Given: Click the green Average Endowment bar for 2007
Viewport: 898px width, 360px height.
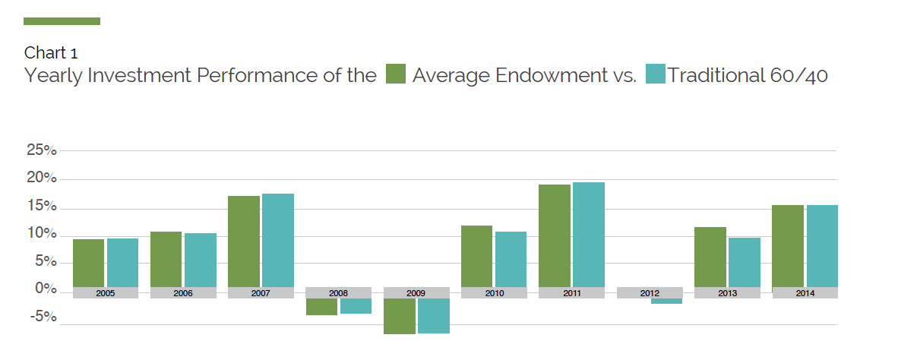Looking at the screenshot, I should (x=244, y=242).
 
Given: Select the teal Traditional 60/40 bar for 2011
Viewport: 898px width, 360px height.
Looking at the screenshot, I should (x=589, y=235).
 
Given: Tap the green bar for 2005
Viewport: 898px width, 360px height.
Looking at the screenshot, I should (x=88, y=263).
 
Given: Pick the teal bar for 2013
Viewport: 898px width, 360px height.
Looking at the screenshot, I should (x=745, y=262).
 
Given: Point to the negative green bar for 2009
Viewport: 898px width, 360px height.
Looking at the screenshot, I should (x=399, y=316).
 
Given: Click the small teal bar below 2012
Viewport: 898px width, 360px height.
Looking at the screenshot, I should (x=666, y=301).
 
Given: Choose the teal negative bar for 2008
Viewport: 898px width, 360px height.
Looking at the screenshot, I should (x=356, y=306).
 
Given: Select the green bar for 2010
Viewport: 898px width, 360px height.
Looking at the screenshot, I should (x=476, y=256).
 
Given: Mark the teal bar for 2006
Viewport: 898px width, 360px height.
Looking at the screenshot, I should (x=201, y=260).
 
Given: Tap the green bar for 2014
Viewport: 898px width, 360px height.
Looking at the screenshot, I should (x=788, y=246).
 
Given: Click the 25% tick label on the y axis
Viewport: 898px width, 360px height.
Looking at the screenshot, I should (x=42, y=150).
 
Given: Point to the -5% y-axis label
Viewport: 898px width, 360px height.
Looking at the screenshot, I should (x=42, y=317).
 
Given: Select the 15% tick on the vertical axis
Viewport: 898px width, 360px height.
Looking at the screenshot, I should (x=42, y=207).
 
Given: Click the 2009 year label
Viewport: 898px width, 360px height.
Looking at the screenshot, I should (x=416, y=292).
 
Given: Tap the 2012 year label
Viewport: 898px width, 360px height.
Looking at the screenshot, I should (x=650, y=292).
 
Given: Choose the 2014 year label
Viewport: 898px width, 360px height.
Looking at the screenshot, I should (x=805, y=292).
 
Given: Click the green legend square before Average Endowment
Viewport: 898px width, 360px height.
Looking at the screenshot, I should (x=396, y=74).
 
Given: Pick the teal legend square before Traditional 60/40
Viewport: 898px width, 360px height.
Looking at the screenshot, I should (x=655, y=74).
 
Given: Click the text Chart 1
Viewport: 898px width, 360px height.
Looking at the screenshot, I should (x=51, y=52).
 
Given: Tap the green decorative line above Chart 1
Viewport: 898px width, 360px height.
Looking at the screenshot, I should (x=62, y=21).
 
